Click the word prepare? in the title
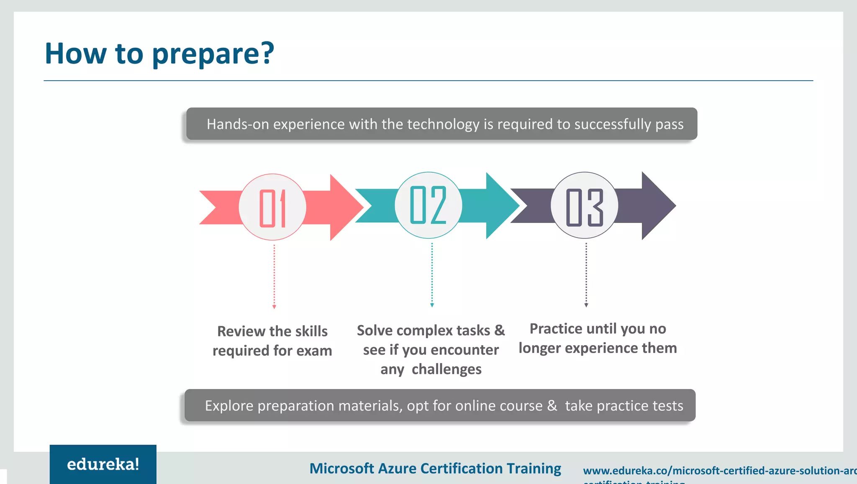pyautogui.click(x=213, y=54)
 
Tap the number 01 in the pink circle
pyautogui.click(x=272, y=208)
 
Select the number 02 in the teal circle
pyautogui.click(x=428, y=205)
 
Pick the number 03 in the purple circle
pyautogui.click(x=584, y=207)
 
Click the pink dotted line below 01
pyautogui.click(x=274, y=276)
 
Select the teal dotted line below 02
pyautogui.click(x=432, y=274)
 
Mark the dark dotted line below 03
pyautogui.click(x=586, y=274)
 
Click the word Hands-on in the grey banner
pyautogui.click(x=237, y=124)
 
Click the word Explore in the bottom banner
pyautogui.click(x=229, y=406)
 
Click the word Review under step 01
pyautogui.click(x=241, y=331)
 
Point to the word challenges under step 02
pyautogui.click(x=446, y=369)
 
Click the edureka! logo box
pyautogui.click(x=103, y=464)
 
